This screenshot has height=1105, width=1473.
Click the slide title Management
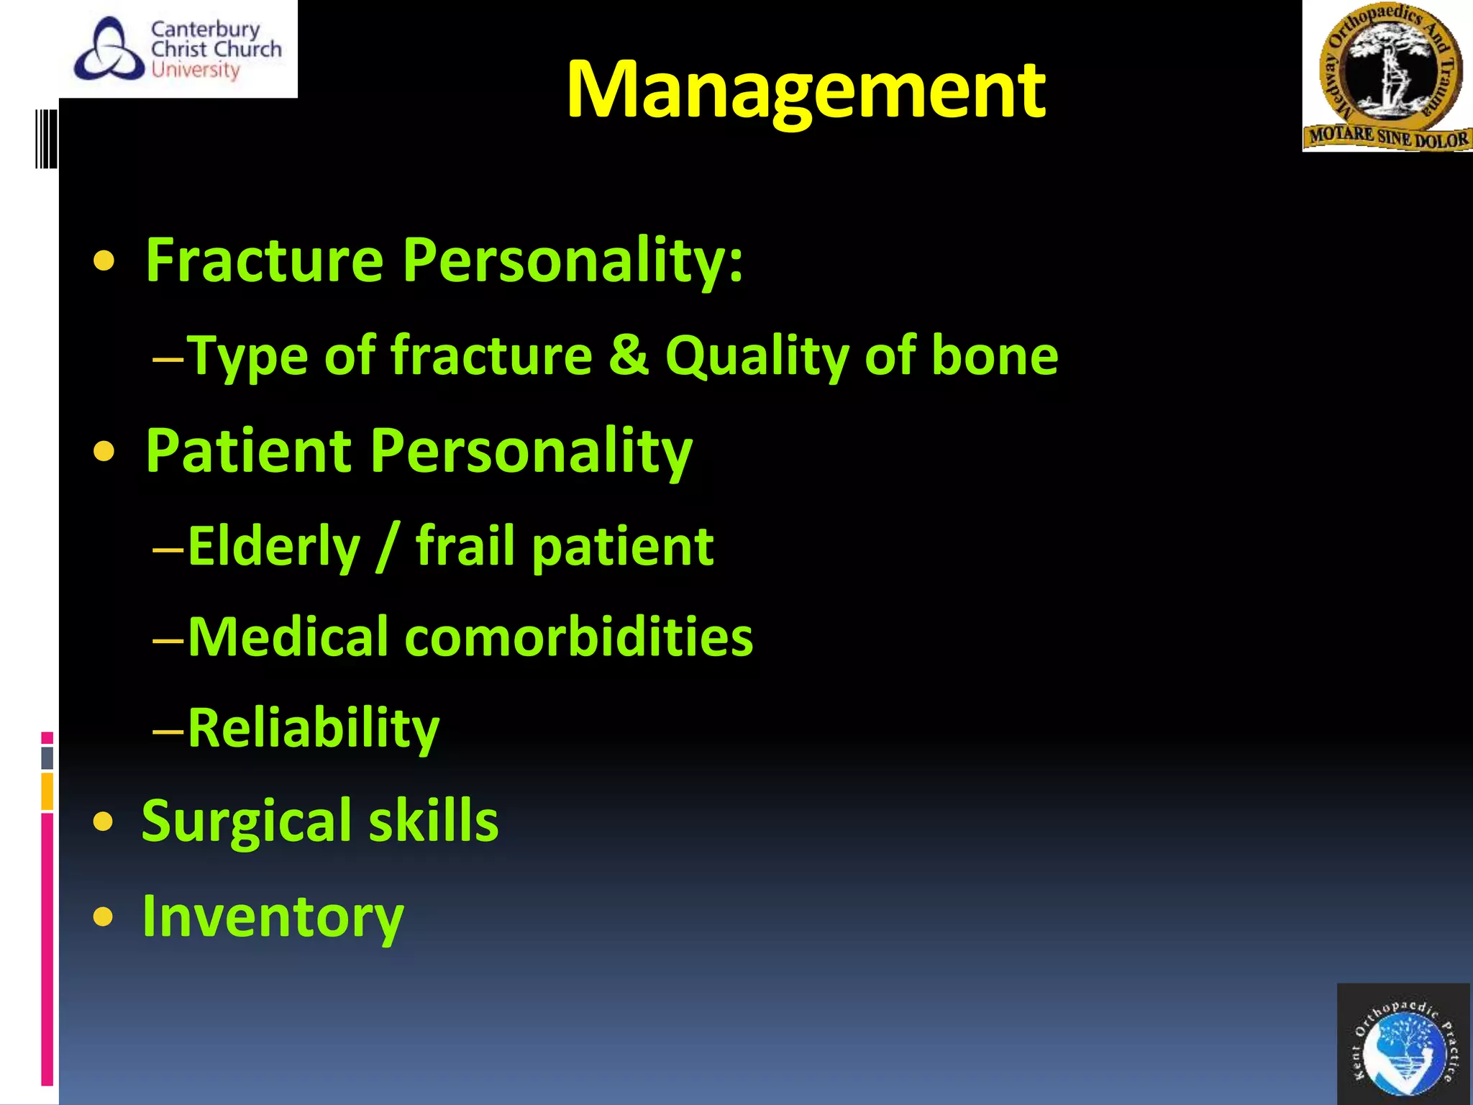806,90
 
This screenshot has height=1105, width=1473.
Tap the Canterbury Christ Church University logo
178,49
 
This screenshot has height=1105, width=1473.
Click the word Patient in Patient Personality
248,452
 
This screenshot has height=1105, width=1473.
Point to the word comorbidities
578,637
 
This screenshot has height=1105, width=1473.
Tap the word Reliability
313,729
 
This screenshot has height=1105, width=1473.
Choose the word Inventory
273,917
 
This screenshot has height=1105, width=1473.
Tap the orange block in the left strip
47,791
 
